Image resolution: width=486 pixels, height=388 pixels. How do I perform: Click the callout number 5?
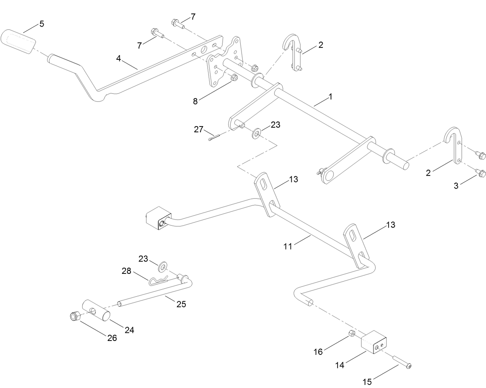[x=41, y=24]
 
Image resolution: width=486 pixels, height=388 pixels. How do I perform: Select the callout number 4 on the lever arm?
[x=119, y=58]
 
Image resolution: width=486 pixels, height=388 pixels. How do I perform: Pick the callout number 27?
[x=199, y=130]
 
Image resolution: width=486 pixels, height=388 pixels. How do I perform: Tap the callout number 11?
[x=288, y=246]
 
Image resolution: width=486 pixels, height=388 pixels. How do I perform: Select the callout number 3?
[x=456, y=186]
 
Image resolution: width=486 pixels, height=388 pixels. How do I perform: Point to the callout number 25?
[x=182, y=304]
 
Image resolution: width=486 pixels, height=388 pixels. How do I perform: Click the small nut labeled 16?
[x=352, y=333]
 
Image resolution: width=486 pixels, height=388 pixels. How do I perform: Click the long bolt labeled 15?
[x=403, y=363]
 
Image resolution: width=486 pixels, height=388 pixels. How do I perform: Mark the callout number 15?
[x=367, y=382]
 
